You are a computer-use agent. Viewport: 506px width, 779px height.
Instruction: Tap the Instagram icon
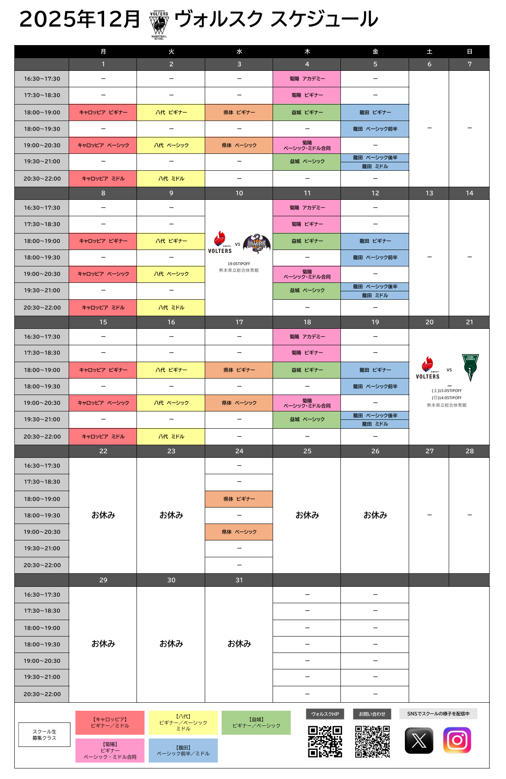(x=457, y=740)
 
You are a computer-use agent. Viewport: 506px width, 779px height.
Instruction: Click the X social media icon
(x=419, y=740)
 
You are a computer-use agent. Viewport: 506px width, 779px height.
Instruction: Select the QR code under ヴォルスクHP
(x=325, y=741)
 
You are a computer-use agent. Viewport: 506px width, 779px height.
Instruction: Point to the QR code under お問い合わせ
(x=372, y=741)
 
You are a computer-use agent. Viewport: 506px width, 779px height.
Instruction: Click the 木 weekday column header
(x=307, y=51)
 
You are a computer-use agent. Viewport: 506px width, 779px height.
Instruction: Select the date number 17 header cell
(x=239, y=322)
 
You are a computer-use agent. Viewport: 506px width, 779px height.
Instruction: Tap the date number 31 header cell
(x=239, y=580)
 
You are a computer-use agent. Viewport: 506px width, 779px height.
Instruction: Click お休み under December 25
(x=307, y=515)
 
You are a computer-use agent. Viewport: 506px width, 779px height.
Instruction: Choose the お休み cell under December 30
(x=171, y=644)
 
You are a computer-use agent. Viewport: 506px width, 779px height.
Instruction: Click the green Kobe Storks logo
(x=470, y=367)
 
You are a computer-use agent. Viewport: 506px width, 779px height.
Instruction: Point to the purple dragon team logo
(x=257, y=243)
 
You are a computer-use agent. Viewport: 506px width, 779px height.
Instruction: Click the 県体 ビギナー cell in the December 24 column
(x=239, y=499)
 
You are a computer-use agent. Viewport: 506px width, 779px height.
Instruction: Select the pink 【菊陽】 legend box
(x=110, y=750)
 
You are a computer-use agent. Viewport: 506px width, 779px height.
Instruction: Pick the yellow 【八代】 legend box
(x=183, y=723)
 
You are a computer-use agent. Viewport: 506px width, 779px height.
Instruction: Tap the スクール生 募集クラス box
(x=44, y=735)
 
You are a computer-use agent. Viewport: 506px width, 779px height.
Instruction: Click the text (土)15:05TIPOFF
(x=447, y=391)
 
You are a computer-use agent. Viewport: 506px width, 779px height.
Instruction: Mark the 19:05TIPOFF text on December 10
(x=239, y=264)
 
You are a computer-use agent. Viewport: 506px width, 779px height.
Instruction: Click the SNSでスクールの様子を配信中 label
(x=438, y=714)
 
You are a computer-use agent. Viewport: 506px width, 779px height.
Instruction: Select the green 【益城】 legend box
(x=256, y=723)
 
